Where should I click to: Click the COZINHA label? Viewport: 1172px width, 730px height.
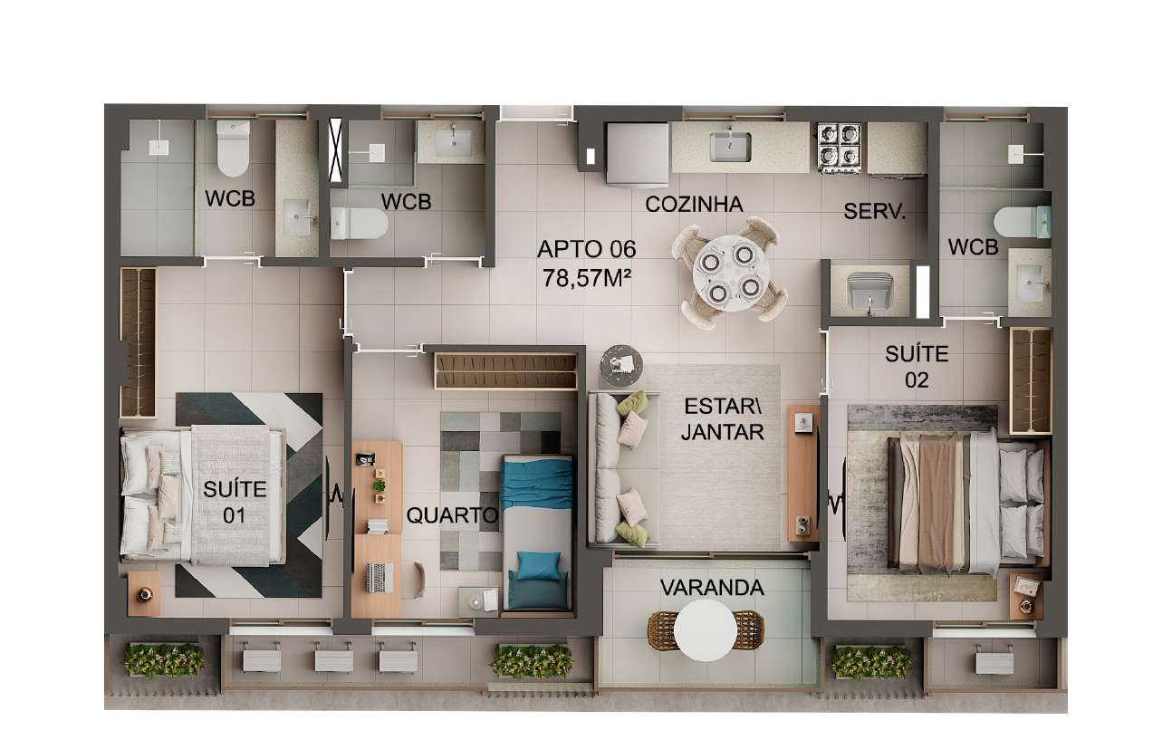[x=694, y=205]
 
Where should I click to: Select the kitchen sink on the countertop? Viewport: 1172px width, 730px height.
[x=730, y=146]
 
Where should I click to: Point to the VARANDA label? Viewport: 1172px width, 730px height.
[x=712, y=588]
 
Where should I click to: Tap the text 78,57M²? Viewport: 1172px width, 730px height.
[x=587, y=277]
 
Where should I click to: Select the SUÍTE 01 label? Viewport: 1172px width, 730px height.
[x=235, y=502]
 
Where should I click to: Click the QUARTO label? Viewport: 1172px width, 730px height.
[x=452, y=516]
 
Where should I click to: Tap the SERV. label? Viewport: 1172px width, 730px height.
[x=875, y=212]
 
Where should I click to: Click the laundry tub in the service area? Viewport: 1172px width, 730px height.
[x=869, y=292]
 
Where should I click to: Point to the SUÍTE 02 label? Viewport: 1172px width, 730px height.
[x=917, y=367]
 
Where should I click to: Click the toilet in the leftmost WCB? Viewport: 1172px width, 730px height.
[x=233, y=149]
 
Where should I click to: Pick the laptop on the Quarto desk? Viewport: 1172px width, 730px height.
[x=379, y=576]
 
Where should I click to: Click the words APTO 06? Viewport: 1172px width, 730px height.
[x=587, y=249]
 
